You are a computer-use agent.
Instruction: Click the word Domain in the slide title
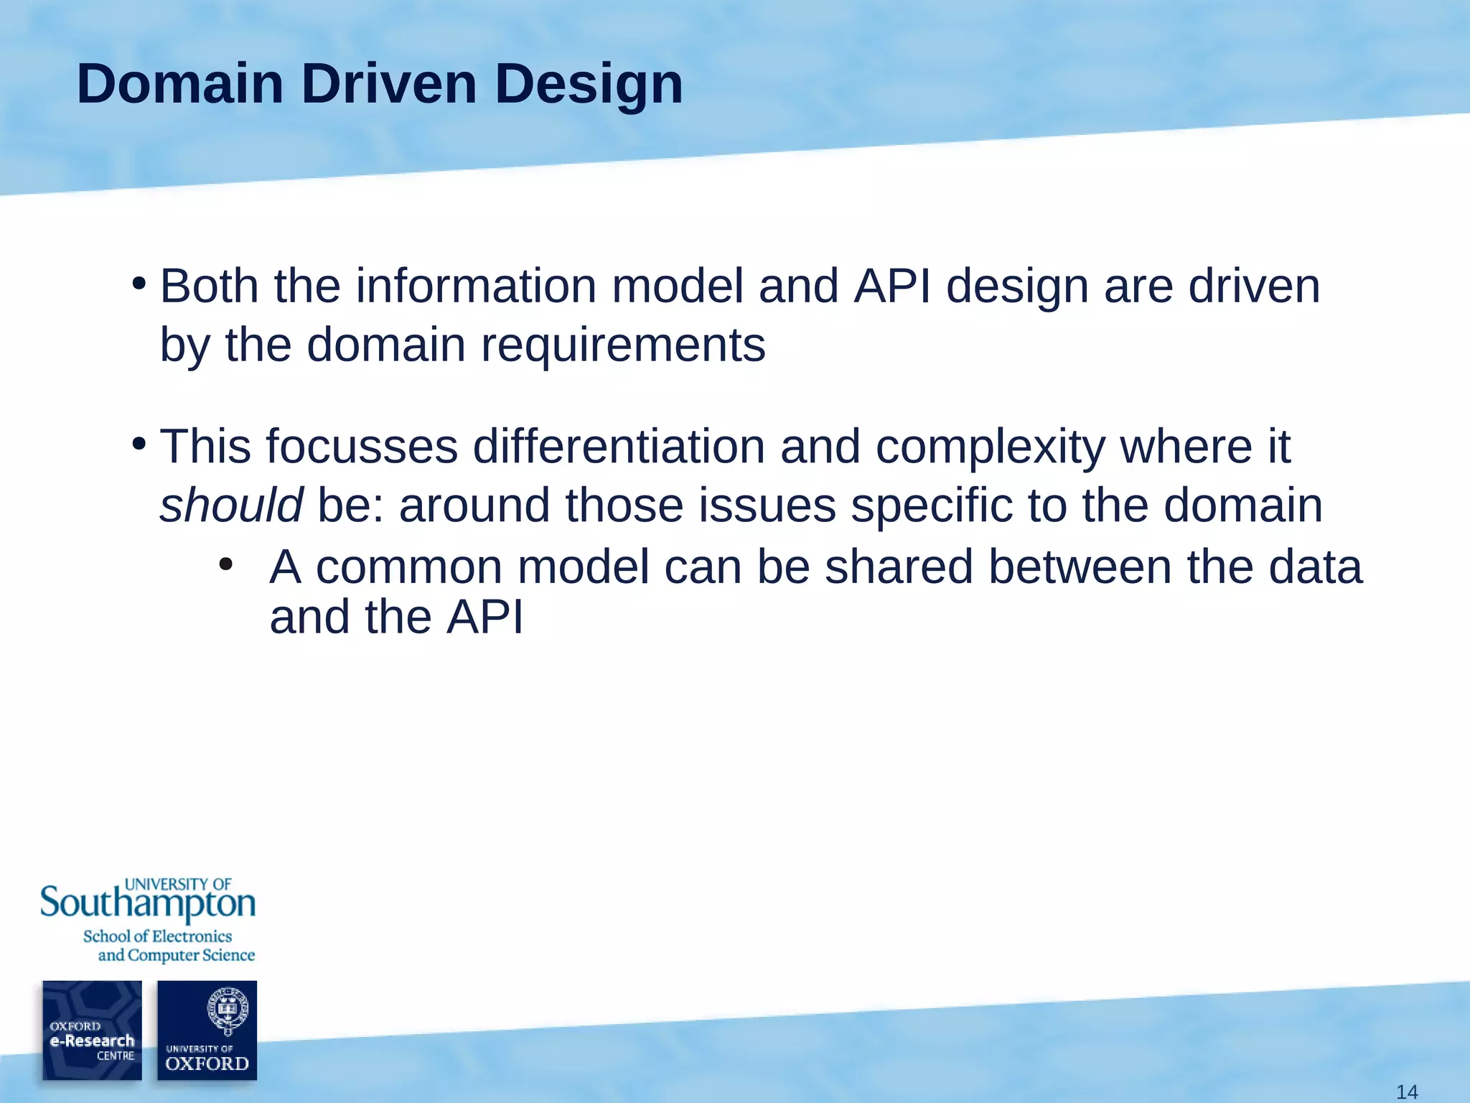click(179, 84)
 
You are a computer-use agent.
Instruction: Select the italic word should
click(231, 505)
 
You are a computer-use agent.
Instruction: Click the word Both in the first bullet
click(209, 286)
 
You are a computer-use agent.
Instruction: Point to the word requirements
click(622, 345)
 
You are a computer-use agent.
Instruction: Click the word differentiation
click(618, 447)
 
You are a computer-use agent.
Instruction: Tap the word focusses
click(362, 447)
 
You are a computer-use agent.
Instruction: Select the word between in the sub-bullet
click(1080, 567)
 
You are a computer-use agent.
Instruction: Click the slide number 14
click(1407, 1092)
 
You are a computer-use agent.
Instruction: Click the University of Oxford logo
click(207, 1030)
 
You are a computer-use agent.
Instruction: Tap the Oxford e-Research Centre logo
click(92, 1030)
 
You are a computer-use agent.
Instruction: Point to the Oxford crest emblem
click(227, 1010)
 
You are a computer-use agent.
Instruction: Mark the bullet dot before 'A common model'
click(226, 565)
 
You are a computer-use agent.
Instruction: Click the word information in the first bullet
click(476, 286)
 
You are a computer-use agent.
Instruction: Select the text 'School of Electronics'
click(157, 936)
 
